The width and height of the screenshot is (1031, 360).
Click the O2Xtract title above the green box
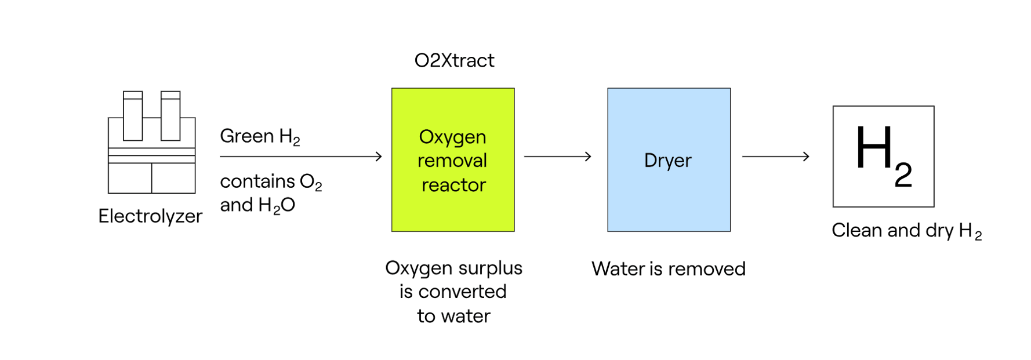point(454,60)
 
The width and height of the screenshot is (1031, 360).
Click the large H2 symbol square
point(883,157)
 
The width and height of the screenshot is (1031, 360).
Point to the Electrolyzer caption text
point(150,216)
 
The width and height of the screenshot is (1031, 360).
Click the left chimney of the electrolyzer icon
point(133,116)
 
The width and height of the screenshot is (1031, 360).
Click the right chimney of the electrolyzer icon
point(170,116)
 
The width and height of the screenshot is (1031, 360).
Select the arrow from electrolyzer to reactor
point(300,157)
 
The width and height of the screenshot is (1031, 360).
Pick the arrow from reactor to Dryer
point(557,157)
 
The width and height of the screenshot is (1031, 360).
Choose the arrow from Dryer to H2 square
point(775,157)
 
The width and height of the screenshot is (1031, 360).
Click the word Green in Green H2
point(246,136)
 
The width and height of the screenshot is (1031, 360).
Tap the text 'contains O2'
point(270,182)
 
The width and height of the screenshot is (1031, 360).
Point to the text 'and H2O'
point(257,205)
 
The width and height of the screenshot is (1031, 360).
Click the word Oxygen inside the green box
point(452,137)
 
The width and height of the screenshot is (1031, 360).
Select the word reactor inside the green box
point(453,185)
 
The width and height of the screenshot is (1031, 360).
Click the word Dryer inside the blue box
point(668,161)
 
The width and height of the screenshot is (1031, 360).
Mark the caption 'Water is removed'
point(668,269)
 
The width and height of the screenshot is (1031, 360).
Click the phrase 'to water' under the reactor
point(453,316)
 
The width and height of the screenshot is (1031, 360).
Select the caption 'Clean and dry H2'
point(906,231)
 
